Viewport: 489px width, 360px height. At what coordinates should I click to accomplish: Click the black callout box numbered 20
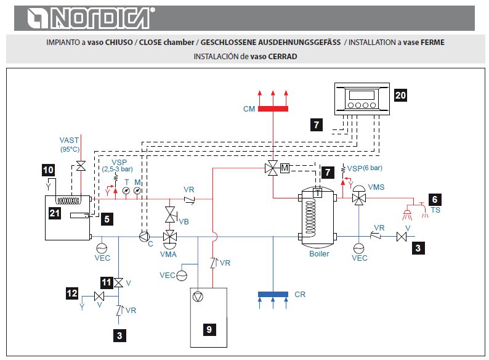401,96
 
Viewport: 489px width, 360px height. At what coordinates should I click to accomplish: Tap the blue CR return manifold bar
273,294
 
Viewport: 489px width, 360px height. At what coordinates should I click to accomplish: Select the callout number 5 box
107,218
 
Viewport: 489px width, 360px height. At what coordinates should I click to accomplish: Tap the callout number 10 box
48,168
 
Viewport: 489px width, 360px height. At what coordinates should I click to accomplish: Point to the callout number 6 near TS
435,199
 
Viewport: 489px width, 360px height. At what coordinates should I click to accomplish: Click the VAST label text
69,141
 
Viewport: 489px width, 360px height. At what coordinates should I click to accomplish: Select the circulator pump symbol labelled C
145,235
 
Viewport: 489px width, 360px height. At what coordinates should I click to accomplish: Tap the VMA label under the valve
168,253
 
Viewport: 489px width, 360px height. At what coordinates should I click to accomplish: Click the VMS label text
377,186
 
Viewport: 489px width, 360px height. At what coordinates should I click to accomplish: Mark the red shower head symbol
408,213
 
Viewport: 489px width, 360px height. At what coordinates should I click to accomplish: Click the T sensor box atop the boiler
318,192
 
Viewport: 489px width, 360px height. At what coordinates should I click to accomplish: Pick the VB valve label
184,220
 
